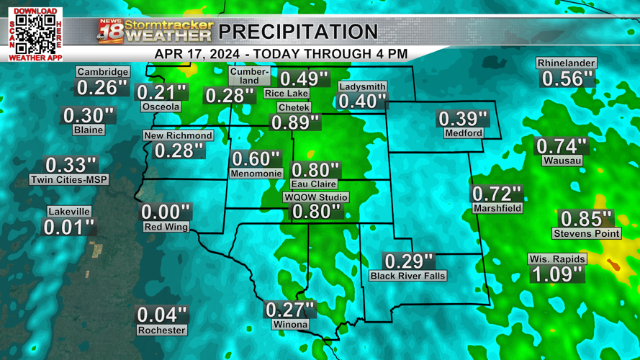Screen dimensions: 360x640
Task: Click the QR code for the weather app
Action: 35,34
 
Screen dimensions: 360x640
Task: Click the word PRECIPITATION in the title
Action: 298,32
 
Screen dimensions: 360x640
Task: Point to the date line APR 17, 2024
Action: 281,54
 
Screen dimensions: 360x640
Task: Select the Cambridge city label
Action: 103,72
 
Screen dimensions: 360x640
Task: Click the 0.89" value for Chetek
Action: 295,122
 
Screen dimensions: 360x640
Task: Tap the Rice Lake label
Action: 287,94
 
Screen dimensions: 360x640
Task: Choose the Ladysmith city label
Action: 362,86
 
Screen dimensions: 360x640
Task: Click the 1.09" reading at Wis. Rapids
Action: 556,274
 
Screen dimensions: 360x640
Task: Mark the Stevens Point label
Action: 587,233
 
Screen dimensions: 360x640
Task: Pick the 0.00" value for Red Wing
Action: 166,212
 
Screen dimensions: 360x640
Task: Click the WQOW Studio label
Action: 316,197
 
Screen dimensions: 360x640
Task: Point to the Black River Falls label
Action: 407,276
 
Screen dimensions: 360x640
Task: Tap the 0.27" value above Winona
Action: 290,310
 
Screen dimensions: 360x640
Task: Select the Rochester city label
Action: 162,330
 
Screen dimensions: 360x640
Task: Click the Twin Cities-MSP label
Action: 69,180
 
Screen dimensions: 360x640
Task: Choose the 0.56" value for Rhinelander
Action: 567,78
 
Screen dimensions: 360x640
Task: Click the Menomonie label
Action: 256,174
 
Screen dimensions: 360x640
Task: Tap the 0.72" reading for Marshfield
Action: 497,194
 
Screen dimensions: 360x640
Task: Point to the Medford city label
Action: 463,133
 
